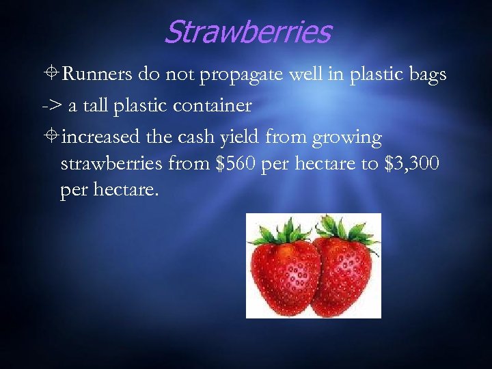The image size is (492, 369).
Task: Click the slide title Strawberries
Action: [247, 31]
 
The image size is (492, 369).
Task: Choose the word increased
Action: [102, 137]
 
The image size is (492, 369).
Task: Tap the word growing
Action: [346, 139]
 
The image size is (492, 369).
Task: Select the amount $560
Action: [239, 165]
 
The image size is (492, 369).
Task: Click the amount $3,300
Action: [408, 165]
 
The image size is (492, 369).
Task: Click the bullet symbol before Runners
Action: [51, 74]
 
